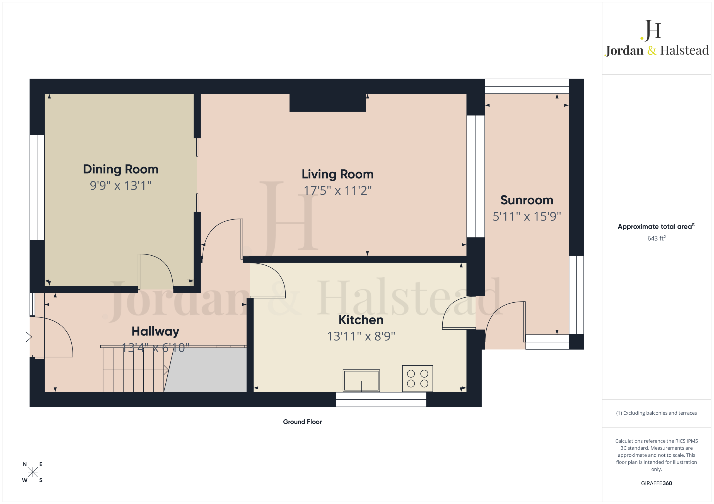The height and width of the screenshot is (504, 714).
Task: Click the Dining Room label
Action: coord(121,169)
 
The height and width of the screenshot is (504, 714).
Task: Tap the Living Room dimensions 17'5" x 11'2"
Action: coord(337,190)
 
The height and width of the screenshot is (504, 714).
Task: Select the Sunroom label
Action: coord(527,200)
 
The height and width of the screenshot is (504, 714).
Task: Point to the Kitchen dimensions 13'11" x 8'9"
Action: coord(361,336)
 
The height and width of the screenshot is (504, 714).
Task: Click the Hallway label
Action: coord(155,331)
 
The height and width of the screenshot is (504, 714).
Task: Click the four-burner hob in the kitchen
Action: coord(417,378)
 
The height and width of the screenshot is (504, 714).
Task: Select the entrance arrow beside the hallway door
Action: coord(26,337)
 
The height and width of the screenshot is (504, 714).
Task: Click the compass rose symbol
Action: coord(32,472)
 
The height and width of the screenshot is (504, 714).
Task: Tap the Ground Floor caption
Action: coord(302,422)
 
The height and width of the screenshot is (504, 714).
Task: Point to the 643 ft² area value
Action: coord(657,238)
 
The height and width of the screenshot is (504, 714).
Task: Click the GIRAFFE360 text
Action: coord(657,483)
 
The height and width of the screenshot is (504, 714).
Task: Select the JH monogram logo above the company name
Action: coord(651,30)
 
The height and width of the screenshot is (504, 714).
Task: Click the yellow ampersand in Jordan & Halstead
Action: coord(652,50)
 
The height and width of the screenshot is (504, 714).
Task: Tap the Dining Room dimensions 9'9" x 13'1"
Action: coord(121,185)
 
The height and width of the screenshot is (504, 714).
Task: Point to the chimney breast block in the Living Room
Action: coord(327,102)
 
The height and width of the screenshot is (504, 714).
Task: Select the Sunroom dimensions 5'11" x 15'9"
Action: coord(527,216)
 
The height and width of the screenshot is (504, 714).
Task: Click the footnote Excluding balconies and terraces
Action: coord(657,413)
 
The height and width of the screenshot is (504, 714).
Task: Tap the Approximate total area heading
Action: coord(656,226)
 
